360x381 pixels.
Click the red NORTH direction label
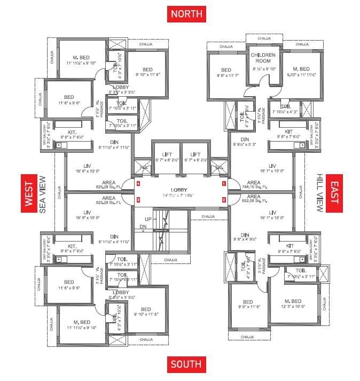pyautogui.click(x=186, y=13)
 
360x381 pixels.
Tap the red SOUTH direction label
pyautogui.click(x=186, y=365)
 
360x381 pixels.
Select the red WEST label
pyautogui.click(x=28, y=193)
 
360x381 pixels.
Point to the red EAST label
pyautogui.click(x=335, y=193)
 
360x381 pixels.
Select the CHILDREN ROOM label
pyautogui.click(x=264, y=58)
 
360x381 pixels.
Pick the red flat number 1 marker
pyautogui.click(x=224, y=183)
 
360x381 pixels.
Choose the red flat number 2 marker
pyautogui.click(x=224, y=200)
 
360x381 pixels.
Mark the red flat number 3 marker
pyautogui.click(x=138, y=200)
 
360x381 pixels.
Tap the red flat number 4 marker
pyautogui.click(x=138, y=183)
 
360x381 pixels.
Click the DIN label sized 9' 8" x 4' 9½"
pyautogui.click(x=246, y=237)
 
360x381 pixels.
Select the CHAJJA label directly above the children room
pyautogui.click(x=264, y=38)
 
